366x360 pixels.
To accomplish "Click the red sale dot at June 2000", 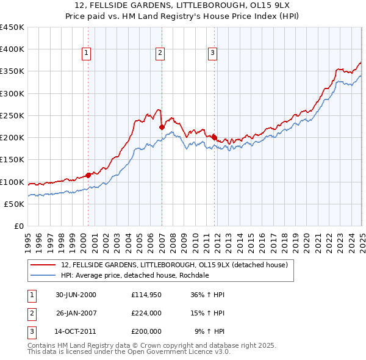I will [x=88, y=175].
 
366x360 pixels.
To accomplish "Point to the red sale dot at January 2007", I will [x=162, y=127].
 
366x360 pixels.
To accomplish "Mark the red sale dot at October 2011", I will [x=214, y=137].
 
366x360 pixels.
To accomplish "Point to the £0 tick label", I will [x=18, y=226].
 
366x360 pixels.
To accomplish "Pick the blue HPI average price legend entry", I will [x=135, y=276].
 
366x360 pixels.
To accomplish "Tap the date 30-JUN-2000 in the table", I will [x=76, y=295].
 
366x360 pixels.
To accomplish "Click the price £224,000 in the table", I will [x=146, y=313].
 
